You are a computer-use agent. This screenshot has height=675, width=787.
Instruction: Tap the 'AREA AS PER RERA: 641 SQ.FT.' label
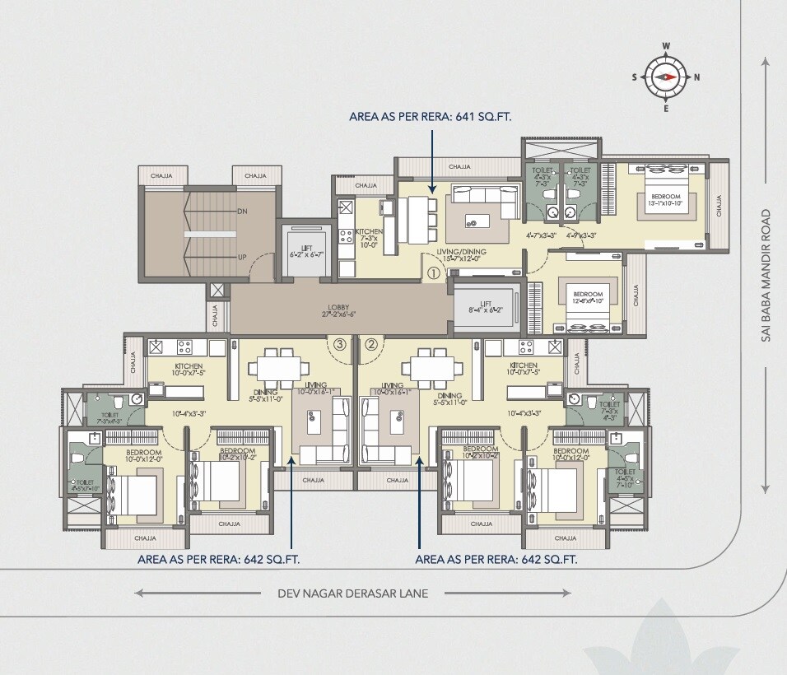431,118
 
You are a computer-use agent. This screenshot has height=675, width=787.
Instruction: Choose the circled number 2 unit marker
370,345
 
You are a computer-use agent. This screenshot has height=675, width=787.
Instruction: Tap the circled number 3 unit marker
338,345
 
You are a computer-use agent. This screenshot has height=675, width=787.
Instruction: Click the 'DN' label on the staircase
242,212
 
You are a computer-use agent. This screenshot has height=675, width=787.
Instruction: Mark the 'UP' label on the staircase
242,258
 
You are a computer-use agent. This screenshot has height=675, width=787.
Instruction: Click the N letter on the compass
696,77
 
